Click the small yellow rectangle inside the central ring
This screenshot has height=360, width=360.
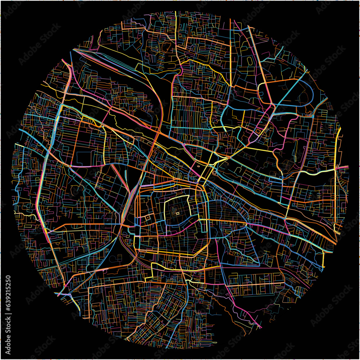[177, 213]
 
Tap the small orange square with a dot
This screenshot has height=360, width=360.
[147, 218]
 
